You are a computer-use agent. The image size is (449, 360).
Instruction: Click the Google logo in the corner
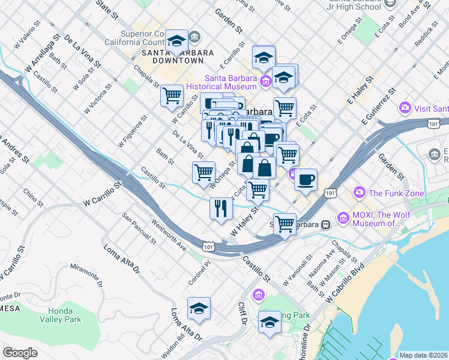pyautogui.click(x=20, y=352)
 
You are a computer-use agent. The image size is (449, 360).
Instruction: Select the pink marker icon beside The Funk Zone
pyautogui.click(x=360, y=193)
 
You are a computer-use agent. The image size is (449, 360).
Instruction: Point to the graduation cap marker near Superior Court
pyautogui.click(x=176, y=41)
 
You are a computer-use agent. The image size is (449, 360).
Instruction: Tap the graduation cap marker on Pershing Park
pyautogui.click(x=270, y=323)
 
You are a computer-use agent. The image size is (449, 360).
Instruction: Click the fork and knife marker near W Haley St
pyautogui.click(x=221, y=208)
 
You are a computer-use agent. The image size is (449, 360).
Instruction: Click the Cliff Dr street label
pyautogui.click(x=243, y=312)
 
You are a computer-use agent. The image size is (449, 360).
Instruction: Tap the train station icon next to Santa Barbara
pyautogui.click(x=325, y=224)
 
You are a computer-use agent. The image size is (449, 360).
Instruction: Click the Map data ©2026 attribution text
pyautogui.click(x=424, y=355)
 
